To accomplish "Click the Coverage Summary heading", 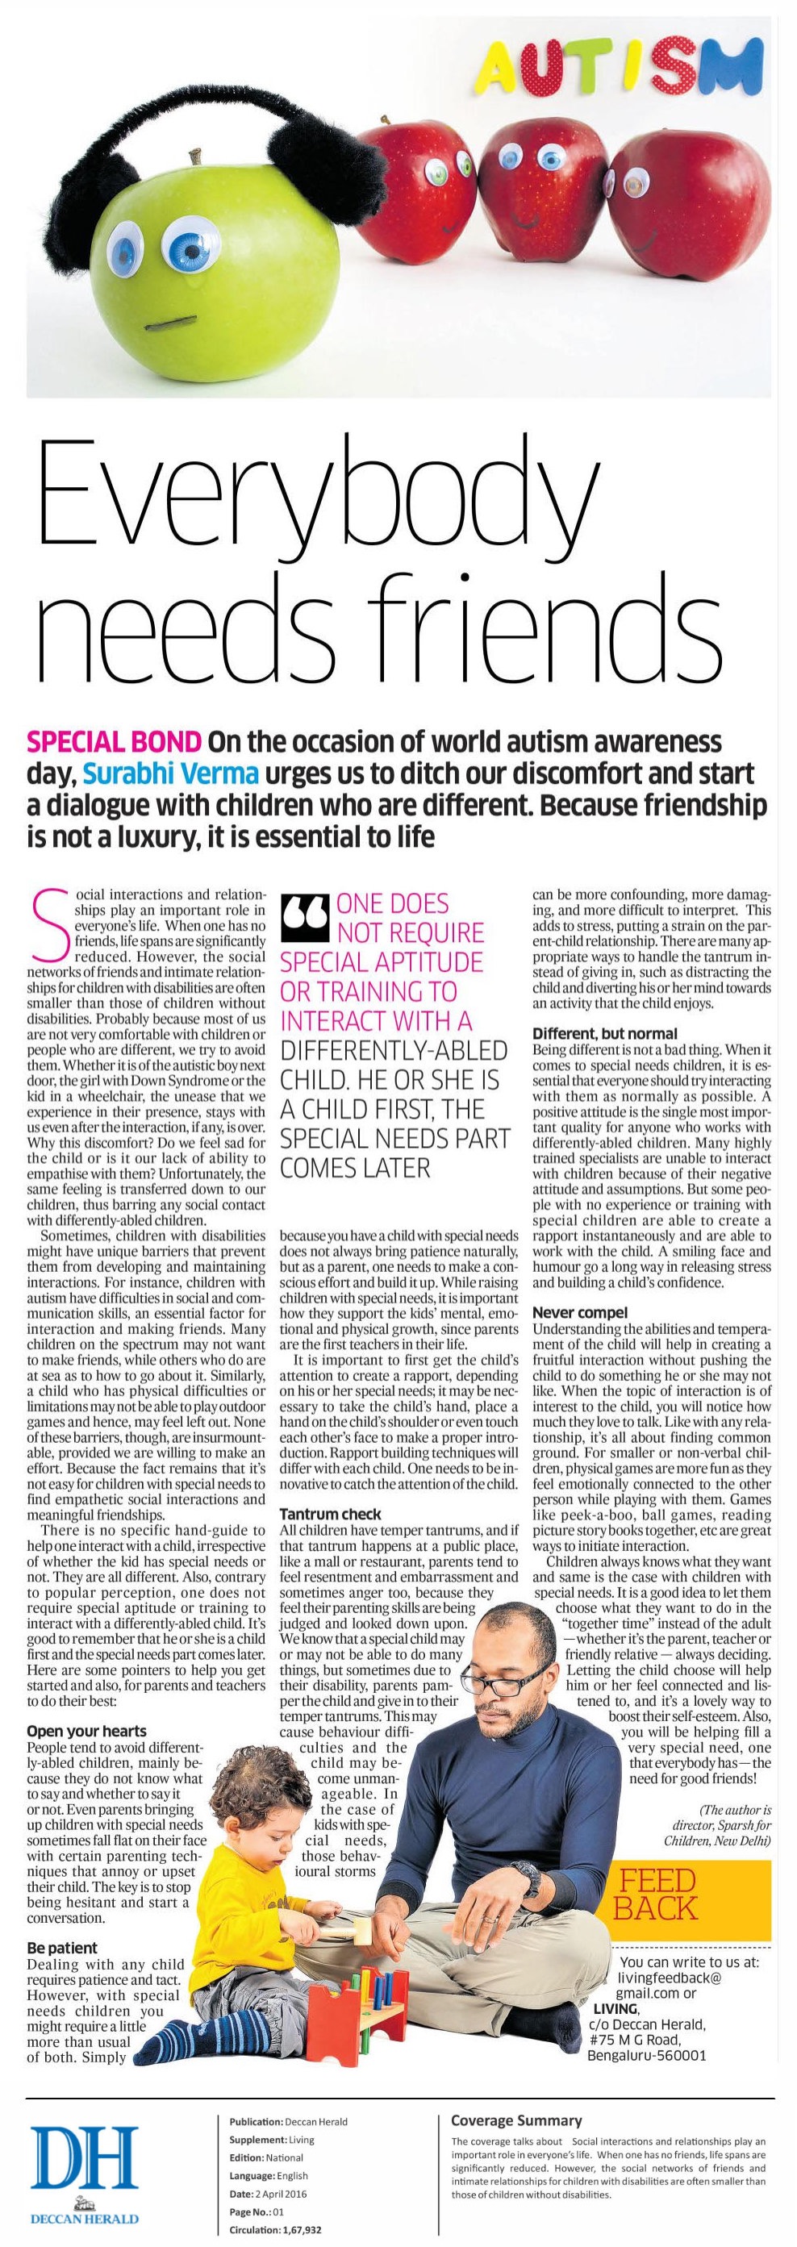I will pyautogui.click(x=515, y=2112).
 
